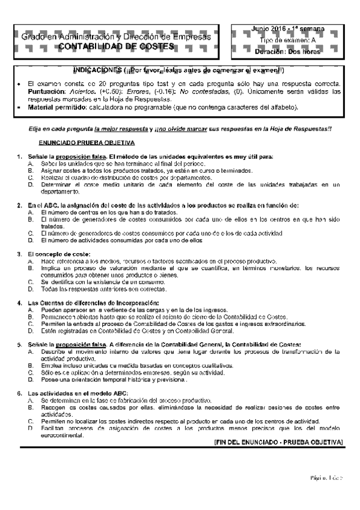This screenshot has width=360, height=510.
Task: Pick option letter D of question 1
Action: click(x=30, y=185)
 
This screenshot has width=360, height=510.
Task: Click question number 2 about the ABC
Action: click(x=19, y=205)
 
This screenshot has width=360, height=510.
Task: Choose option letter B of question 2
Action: click(x=30, y=220)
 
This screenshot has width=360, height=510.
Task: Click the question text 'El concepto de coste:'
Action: click(x=64, y=253)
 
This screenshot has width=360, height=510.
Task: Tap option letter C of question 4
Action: click(x=30, y=324)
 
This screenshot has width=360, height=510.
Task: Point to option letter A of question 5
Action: click(x=30, y=351)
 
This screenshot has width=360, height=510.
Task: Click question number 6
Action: click(x=19, y=393)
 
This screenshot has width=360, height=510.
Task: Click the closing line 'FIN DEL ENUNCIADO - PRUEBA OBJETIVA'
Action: click(x=278, y=442)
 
